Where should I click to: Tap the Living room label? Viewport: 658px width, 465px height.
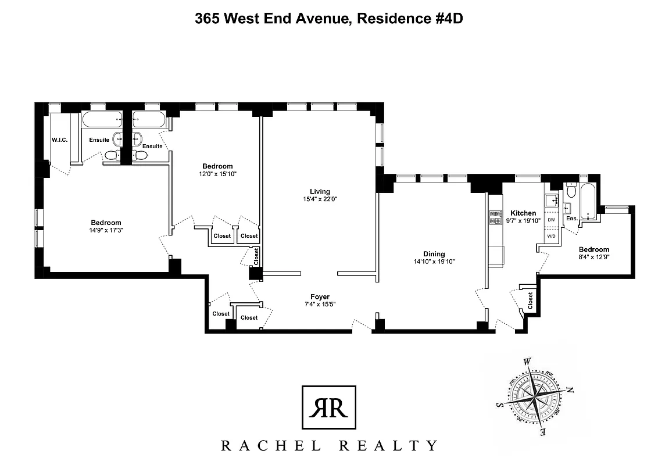click(x=320, y=191)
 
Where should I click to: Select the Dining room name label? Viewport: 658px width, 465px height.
click(x=434, y=253)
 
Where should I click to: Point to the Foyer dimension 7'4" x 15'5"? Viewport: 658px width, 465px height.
click(x=320, y=304)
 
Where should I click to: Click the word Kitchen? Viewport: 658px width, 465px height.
click(x=523, y=213)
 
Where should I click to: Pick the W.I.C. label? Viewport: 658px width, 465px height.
click(x=60, y=139)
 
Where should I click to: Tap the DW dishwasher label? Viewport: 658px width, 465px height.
click(x=550, y=221)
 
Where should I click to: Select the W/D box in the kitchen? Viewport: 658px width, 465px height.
click(x=550, y=236)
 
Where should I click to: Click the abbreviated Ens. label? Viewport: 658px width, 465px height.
click(x=571, y=219)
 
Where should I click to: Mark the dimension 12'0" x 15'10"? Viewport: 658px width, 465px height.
click(x=217, y=174)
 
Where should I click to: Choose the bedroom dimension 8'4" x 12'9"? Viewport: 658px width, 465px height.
click(x=593, y=256)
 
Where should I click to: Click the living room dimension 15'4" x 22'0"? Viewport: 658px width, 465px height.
click(x=320, y=199)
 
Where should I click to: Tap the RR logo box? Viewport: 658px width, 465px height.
click(x=328, y=407)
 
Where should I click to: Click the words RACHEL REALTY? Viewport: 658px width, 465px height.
click(x=328, y=446)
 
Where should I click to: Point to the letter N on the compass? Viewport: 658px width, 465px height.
click(x=570, y=390)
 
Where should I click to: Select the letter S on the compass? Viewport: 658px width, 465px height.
click(x=498, y=405)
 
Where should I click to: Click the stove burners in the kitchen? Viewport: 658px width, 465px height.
click(x=496, y=217)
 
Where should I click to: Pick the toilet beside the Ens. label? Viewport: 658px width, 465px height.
click(x=571, y=191)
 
